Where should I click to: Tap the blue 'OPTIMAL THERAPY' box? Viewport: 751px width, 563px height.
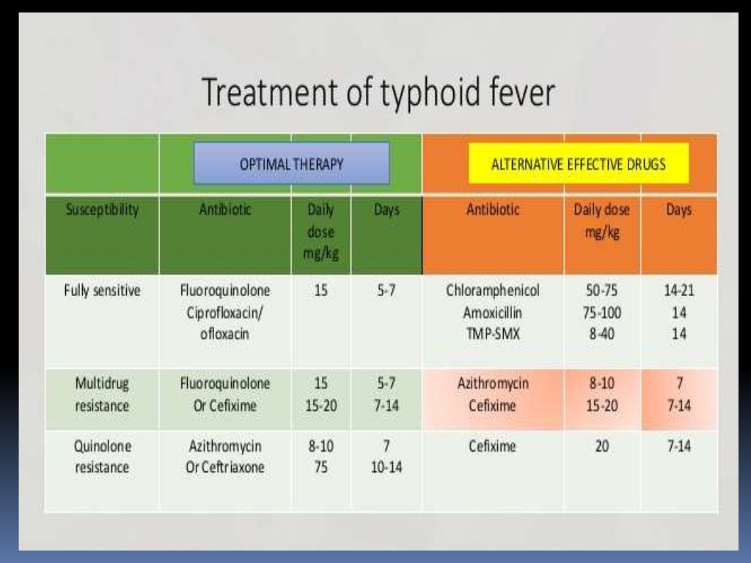click(x=291, y=163)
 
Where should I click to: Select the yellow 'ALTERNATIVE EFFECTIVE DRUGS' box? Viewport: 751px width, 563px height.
click(x=578, y=163)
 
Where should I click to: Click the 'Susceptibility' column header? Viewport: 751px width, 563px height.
click(x=101, y=210)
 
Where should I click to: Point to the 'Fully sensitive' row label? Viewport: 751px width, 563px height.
click(x=101, y=290)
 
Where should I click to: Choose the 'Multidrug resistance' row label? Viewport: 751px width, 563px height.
click(x=101, y=394)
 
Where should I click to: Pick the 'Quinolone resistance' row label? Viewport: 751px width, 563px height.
click(x=101, y=457)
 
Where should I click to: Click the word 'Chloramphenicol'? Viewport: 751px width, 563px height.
click(x=492, y=290)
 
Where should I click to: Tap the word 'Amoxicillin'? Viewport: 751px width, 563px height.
click(x=492, y=312)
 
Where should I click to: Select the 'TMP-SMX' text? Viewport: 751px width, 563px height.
click(x=492, y=334)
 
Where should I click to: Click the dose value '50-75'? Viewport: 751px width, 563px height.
click(x=602, y=290)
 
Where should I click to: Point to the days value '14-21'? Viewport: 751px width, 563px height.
click(x=679, y=290)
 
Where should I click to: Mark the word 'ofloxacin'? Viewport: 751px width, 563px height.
click(x=224, y=334)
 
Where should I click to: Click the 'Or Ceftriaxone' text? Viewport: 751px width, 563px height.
click(x=224, y=468)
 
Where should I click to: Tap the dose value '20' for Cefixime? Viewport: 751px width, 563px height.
click(x=602, y=446)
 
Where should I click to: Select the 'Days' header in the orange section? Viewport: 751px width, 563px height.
click(x=679, y=210)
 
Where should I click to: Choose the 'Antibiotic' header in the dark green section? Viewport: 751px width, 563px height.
click(x=224, y=210)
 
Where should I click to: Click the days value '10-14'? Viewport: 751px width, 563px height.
click(x=387, y=468)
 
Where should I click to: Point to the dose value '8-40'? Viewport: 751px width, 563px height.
click(x=602, y=334)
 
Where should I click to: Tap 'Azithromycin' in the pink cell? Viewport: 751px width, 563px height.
click(x=492, y=383)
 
